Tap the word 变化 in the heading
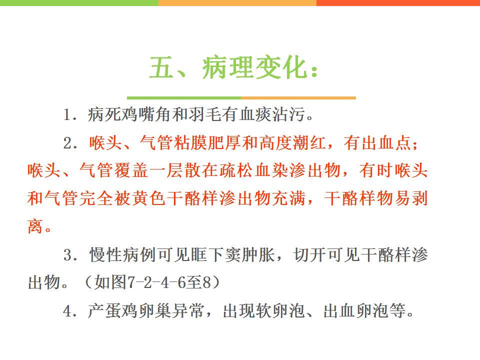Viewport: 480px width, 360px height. click(281, 67)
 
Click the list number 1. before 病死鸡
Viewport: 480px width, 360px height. click(70, 115)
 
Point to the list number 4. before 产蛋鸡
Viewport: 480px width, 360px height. click(70, 311)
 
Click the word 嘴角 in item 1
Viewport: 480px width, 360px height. click(155, 114)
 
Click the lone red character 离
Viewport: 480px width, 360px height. click(35, 226)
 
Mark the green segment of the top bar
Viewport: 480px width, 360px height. click(79, 3)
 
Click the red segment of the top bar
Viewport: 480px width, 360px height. click(398, 3)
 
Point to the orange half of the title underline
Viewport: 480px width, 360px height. click(298, 98)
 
